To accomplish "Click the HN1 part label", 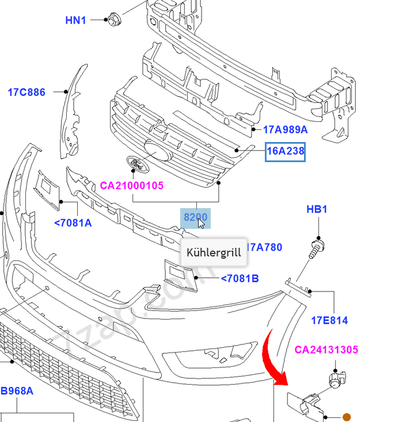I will click(x=75, y=21).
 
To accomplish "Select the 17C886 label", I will click(x=26, y=92).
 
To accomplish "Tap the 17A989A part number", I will click(x=286, y=130).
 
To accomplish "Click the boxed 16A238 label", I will click(x=285, y=152).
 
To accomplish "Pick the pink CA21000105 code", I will click(x=132, y=186).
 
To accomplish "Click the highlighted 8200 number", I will click(x=195, y=218).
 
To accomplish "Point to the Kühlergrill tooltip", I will click(x=214, y=254).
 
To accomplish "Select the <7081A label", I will click(x=73, y=223).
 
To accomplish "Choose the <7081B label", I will click(x=240, y=279).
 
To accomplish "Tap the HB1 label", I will click(x=316, y=209).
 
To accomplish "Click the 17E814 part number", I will click(x=329, y=320).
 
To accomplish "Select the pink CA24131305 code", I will click(x=326, y=350).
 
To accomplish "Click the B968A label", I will click(x=17, y=392).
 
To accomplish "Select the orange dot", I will click(x=347, y=417).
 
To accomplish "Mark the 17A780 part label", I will click(x=265, y=247).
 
